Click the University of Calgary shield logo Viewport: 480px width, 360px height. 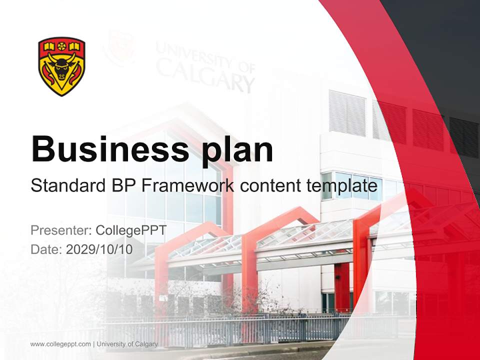pos(61,66)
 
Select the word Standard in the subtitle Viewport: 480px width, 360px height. pos(65,186)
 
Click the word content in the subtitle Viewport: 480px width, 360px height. pos(269,186)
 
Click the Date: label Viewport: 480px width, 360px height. pos(46,249)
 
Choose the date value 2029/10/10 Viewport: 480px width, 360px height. pos(99,249)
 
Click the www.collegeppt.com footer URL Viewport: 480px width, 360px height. pos(60,344)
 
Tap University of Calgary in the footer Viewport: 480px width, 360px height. pos(127,344)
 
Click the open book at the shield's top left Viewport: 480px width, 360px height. pos(49,47)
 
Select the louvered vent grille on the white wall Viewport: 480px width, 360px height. pos(347,113)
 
